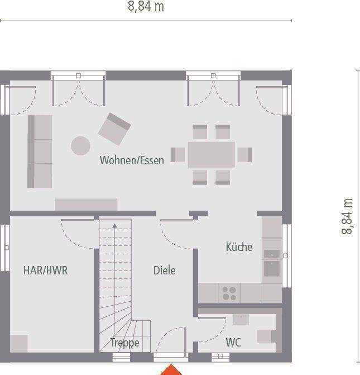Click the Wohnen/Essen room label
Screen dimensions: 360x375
tap(132, 160)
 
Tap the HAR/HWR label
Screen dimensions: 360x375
tap(45, 270)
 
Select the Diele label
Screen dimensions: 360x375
tap(164, 270)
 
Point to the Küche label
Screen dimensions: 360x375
tap(239, 247)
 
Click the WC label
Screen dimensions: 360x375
tap(233, 343)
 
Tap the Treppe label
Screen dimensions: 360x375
tap(124, 343)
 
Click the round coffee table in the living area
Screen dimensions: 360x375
tap(80, 146)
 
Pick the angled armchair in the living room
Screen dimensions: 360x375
tap(114, 129)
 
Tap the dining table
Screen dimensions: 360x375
tap(212, 155)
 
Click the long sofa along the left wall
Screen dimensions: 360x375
tap(40, 151)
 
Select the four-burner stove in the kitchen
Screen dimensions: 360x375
tap(229, 293)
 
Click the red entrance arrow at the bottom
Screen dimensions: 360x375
tap(171, 370)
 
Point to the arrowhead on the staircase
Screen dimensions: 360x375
tap(115, 226)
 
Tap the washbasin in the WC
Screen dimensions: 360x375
tap(241, 319)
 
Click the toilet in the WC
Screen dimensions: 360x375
tap(267, 336)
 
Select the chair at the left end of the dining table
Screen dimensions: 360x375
tap(177, 155)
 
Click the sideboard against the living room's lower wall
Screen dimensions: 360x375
tap(87, 204)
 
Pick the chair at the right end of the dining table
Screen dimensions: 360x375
tap(244, 155)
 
